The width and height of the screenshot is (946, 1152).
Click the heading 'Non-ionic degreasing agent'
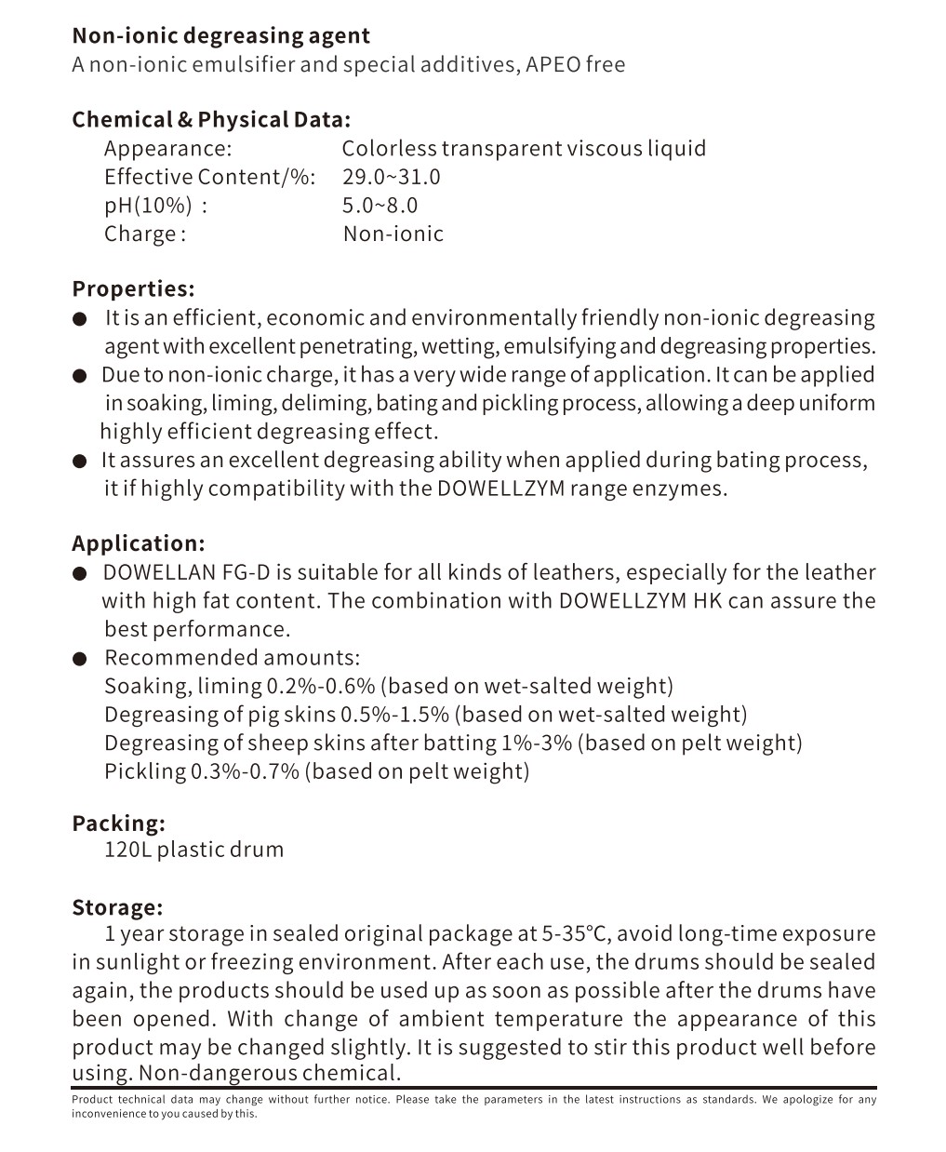[220, 36]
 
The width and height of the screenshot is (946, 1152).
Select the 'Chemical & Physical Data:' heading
[211, 120]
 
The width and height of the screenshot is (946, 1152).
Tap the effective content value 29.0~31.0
[391, 177]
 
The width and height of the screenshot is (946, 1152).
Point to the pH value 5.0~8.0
[380, 206]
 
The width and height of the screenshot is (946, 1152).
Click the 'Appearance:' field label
[167, 149]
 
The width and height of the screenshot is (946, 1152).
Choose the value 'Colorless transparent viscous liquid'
[524, 149]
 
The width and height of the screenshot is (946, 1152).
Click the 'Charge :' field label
[145, 234]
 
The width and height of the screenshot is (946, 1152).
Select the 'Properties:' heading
[133, 289]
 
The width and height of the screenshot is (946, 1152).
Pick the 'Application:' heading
[138, 544]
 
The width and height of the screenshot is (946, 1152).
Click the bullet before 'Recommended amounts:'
[80, 659]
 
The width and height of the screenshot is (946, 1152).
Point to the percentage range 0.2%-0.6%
[321, 687]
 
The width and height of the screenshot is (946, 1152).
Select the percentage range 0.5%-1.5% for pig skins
[394, 715]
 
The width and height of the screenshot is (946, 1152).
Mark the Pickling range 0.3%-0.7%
[245, 771]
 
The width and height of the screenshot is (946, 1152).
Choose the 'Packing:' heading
[118, 824]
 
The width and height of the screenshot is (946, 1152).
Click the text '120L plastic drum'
[193, 850]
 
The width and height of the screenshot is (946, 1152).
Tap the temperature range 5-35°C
[576, 934]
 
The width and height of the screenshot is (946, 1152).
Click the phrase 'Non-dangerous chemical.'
[270, 1073]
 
